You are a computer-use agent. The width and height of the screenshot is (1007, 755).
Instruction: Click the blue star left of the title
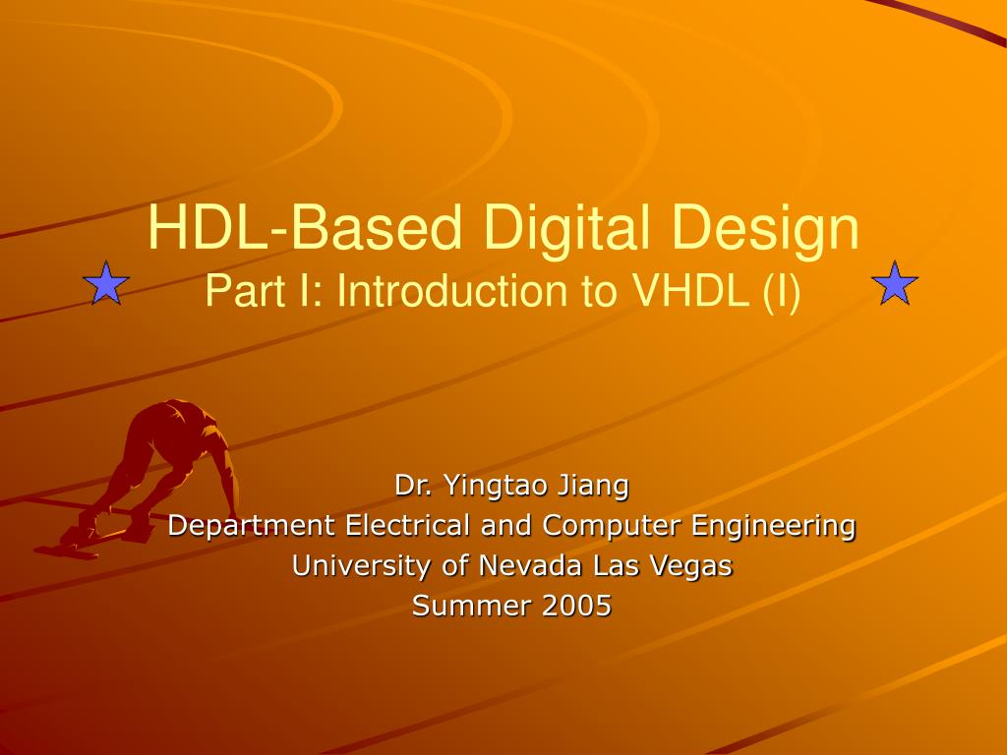click(106, 283)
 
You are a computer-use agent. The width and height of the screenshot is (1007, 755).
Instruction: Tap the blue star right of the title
click(895, 283)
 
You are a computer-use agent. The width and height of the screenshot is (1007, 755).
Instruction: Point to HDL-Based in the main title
click(303, 228)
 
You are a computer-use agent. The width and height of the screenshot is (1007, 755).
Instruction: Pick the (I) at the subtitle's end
click(783, 291)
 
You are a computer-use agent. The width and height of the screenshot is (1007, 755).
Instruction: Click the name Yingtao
click(496, 486)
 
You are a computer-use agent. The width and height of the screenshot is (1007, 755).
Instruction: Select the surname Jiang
click(593, 486)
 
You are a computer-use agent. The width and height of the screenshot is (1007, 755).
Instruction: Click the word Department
click(252, 526)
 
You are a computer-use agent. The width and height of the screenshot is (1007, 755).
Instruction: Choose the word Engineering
click(774, 526)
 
